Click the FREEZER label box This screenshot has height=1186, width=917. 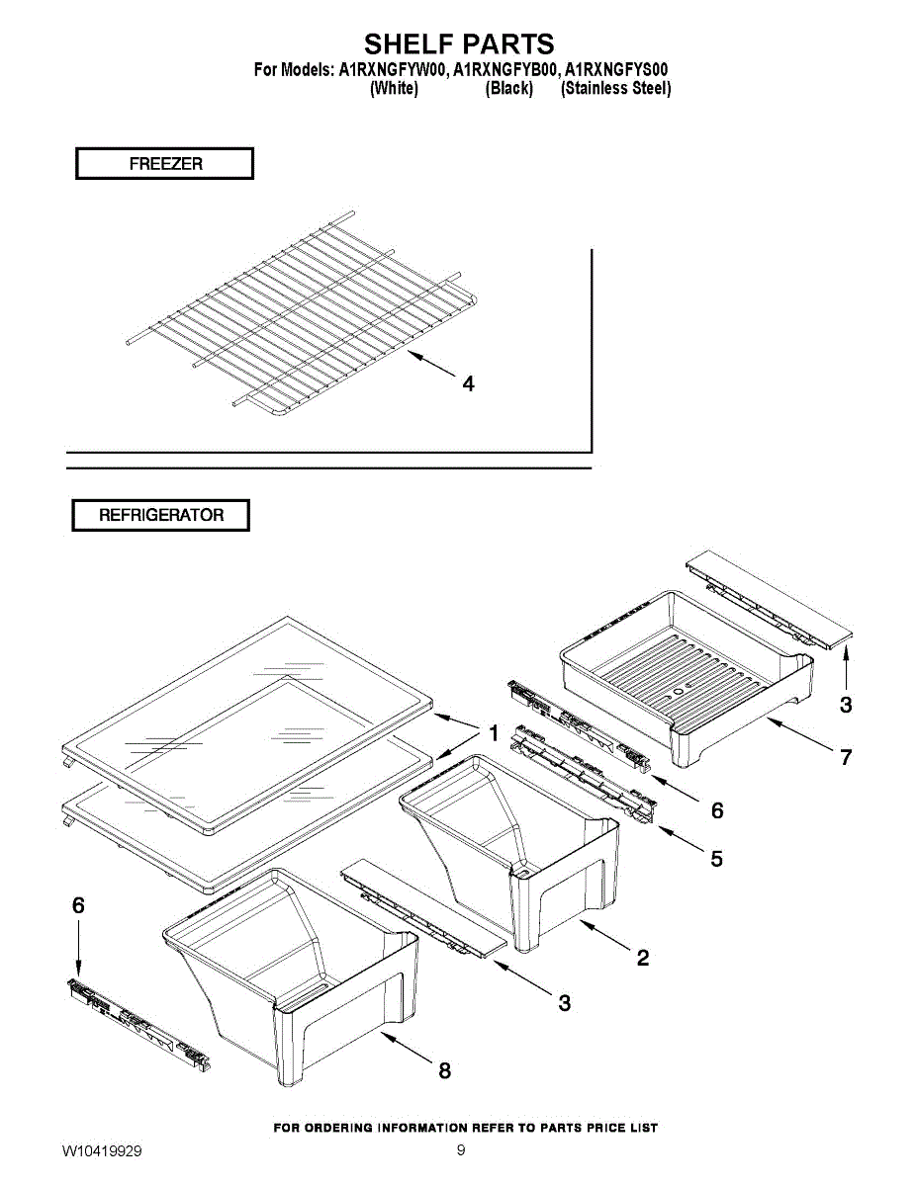click(x=164, y=163)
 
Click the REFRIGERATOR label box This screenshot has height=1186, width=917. click(x=160, y=515)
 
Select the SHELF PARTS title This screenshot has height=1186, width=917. click(x=459, y=43)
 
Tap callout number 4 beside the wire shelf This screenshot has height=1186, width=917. click(x=468, y=383)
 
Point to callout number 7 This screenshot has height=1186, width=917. click(x=846, y=757)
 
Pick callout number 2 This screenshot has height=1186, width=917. click(x=643, y=958)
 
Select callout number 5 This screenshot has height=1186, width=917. click(x=716, y=859)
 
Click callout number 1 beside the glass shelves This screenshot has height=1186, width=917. click(x=494, y=733)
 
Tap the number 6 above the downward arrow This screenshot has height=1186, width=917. click(x=79, y=905)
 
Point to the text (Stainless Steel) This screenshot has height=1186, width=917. click(x=616, y=88)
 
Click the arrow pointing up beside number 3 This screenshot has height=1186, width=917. click(x=846, y=667)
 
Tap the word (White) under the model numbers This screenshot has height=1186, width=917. click(x=394, y=88)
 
